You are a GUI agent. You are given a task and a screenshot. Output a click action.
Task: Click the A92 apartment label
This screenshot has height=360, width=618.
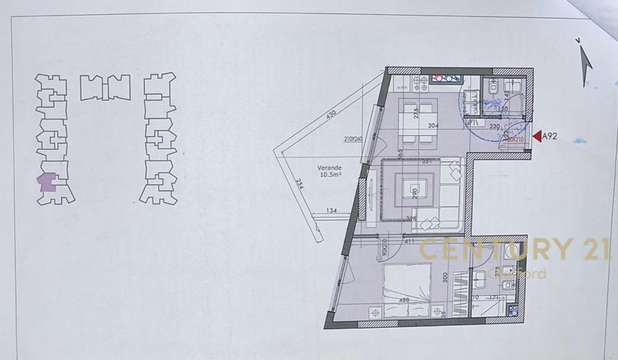click(550, 137)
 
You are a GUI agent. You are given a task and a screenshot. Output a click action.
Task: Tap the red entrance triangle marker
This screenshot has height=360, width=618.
click(536, 137)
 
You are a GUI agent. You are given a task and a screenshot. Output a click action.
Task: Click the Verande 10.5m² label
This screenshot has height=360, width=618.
click(330, 171)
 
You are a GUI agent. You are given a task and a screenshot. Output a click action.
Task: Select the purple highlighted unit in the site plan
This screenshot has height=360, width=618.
click(47, 182)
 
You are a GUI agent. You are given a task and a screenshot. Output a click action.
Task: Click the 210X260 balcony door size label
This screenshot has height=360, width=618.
click(353, 139)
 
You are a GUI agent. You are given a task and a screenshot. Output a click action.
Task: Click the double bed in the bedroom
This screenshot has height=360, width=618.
click(407, 290)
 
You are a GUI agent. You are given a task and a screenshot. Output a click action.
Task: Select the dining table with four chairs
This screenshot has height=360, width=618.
click(418, 123)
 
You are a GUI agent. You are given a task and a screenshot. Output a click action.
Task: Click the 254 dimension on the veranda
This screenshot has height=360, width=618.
click(300, 184)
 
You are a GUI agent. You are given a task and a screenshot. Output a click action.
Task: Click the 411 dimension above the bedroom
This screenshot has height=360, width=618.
click(409, 240)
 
